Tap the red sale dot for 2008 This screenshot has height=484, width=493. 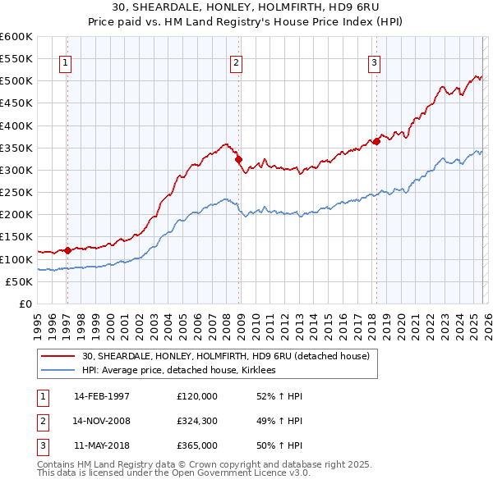(x=239, y=160)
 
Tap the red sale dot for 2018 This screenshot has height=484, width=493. (x=376, y=141)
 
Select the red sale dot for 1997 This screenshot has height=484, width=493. (x=67, y=250)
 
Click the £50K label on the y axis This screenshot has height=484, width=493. (x=19, y=281)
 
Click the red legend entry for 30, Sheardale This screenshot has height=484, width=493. (x=226, y=356)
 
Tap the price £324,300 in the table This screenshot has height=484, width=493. (x=197, y=421)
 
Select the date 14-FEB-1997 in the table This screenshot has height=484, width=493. (x=102, y=396)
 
